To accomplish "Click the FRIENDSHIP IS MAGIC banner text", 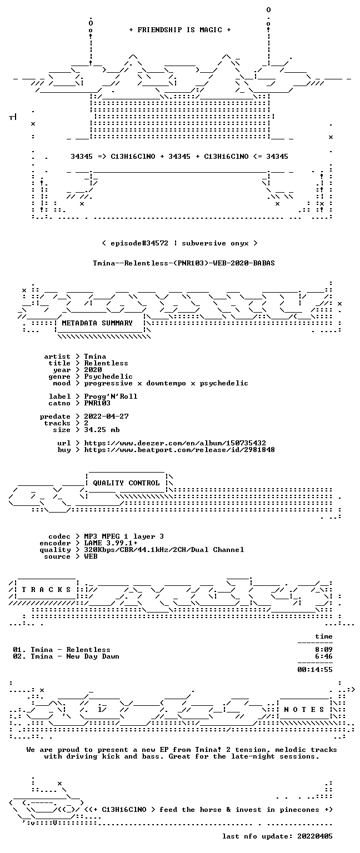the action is coord(180,29).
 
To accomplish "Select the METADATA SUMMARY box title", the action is coord(97,323).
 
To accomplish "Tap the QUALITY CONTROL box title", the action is coord(126,483).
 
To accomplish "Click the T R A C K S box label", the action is coord(47,589).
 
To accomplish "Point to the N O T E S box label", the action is coord(304,709).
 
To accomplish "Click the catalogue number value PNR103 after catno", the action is coord(97,403).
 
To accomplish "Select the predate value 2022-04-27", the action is coord(106,416).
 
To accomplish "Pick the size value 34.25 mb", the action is coord(102,429).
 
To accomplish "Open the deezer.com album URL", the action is coord(175,443).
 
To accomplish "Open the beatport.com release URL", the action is coord(179,450).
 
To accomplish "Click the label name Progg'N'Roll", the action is coord(111,397).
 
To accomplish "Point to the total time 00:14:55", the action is coord(314,669).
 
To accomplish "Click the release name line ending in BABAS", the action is coord(184,263).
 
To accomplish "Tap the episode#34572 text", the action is coord(139,243).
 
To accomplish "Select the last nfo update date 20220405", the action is coord(314,836).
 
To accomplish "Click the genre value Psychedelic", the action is coord(108,376).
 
